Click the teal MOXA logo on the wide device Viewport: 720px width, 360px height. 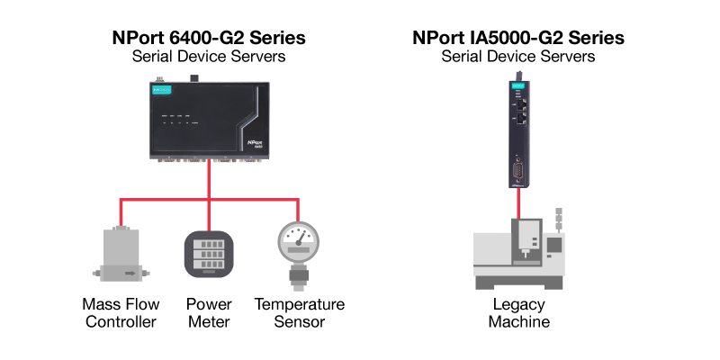[x=162, y=90]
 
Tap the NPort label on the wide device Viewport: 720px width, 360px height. [x=254, y=142]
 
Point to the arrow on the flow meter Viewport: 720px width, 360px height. [x=130, y=272]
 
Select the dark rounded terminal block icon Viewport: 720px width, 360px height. [x=209, y=254]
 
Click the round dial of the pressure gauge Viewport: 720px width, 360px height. [x=298, y=241]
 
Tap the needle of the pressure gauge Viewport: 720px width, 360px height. [x=301, y=238]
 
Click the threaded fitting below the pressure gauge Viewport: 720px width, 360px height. [x=298, y=276]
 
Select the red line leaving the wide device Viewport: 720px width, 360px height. [x=209, y=178]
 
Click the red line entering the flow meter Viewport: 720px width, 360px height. [x=121, y=212]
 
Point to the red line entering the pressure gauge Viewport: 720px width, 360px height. [x=298, y=210]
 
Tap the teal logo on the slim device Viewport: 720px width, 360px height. [x=518, y=86]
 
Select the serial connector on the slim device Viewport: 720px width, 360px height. [x=518, y=170]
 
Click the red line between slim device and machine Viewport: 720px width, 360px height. [x=518, y=203]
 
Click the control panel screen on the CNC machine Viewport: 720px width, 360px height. [x=553, y=244]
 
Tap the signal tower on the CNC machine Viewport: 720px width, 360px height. [x=559, y=219]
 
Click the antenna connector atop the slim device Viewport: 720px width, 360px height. [x=518, y=75]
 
